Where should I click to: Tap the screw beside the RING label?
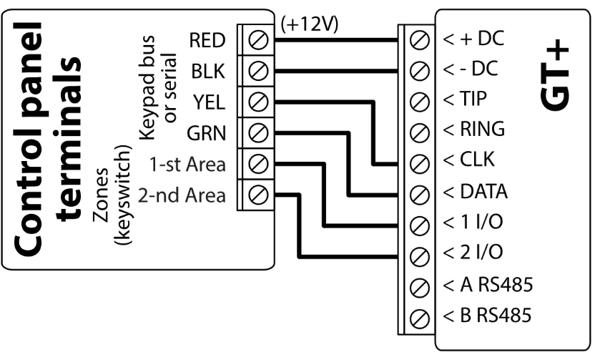click(x=421, y=130)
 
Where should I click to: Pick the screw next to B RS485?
click(x=421, y=315)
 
